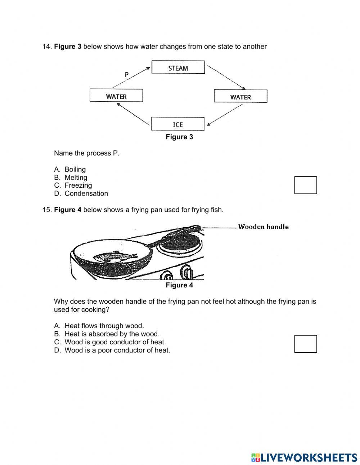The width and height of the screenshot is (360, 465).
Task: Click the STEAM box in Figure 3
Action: click(x=178, y=68)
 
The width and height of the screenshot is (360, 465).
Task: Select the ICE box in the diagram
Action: click(x=178, y=124)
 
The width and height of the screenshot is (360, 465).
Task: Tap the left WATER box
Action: click(x=116, y=96)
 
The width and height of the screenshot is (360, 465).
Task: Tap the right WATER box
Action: click(x=240, y=97)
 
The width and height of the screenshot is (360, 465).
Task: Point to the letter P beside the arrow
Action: click(x=126, y=75)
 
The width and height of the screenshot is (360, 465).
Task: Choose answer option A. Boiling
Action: click(x=75, y=169)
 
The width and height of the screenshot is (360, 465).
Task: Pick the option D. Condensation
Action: click(x=86, y=193)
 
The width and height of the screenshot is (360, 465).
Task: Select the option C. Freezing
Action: click(x=78, y=185)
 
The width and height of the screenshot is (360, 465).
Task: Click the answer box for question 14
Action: click(x=306, y=185)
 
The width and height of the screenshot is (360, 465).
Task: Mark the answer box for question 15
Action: click(x=306, y=344)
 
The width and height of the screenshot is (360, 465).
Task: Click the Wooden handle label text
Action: click(x=263, y=227)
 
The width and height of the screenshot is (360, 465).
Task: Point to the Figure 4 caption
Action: click(x=179, y=285)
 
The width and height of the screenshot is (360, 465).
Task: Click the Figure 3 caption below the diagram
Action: click(x=179, y=137)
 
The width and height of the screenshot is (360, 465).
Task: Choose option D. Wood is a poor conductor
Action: click(x=117, y=350)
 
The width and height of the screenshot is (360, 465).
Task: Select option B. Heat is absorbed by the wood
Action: click(x=112, y=334)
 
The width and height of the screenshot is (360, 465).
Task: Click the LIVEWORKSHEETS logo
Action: click(x=304, y=457)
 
